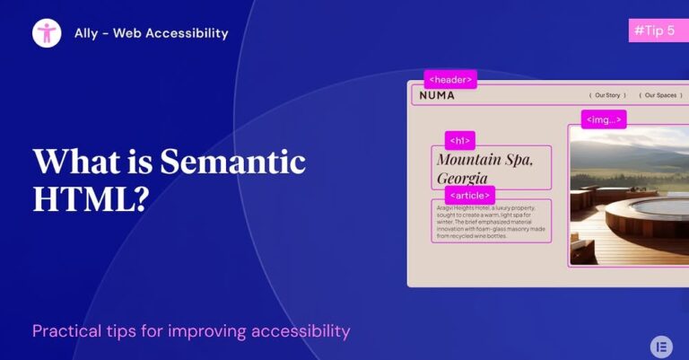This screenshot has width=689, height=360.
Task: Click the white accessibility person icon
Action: click(47, 33)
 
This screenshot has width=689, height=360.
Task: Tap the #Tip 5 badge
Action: click(653, 30)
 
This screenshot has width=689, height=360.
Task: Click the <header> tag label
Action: click(450, 80)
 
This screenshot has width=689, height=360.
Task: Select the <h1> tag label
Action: click(459, 141)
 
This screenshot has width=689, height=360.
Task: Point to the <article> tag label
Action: click(469, 195)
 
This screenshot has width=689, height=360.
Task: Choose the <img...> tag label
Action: click(603, 119)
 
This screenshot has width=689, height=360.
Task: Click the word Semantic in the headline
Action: click(232, 162)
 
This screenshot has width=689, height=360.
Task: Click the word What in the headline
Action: click(74, 162)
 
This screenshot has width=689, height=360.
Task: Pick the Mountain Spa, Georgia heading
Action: click(484, 168)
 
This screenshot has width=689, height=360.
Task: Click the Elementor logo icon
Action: click(661, 346)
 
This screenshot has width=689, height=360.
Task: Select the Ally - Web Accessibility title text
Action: click(151, 33)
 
